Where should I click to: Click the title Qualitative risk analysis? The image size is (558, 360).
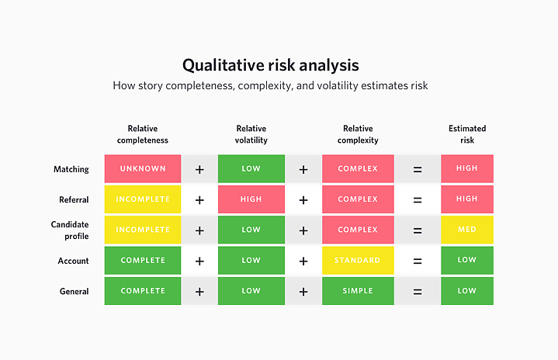click(270, 64)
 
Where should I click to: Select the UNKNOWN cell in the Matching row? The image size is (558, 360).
click(143, 169)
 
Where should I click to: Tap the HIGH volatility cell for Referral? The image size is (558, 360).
click(251, 199)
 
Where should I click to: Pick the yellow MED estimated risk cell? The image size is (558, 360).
click(466, 230)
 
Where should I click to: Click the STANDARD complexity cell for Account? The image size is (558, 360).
click(358, 261)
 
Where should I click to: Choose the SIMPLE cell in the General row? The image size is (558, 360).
click(358, 291)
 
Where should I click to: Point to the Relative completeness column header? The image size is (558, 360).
click(143, 134)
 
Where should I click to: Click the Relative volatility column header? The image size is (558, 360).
click(251, 134)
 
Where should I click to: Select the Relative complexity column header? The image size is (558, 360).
click(358, 134)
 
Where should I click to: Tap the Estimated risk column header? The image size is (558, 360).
click(466, 134)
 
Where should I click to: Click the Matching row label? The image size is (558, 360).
click(71, 169)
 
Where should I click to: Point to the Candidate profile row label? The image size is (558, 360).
click(71, 230)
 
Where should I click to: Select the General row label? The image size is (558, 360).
click(74, 292)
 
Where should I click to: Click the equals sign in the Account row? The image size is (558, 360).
click(418, 261)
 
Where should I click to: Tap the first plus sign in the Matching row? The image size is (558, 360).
click(199, 169)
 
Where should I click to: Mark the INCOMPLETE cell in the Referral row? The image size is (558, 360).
click(143, 199)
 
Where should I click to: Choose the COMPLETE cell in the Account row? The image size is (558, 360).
click(143, 261)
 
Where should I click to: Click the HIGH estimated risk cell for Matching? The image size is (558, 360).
click(466, 169)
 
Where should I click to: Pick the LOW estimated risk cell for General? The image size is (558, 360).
click(466, 291)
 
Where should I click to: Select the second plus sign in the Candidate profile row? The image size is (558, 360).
click(303, 230)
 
